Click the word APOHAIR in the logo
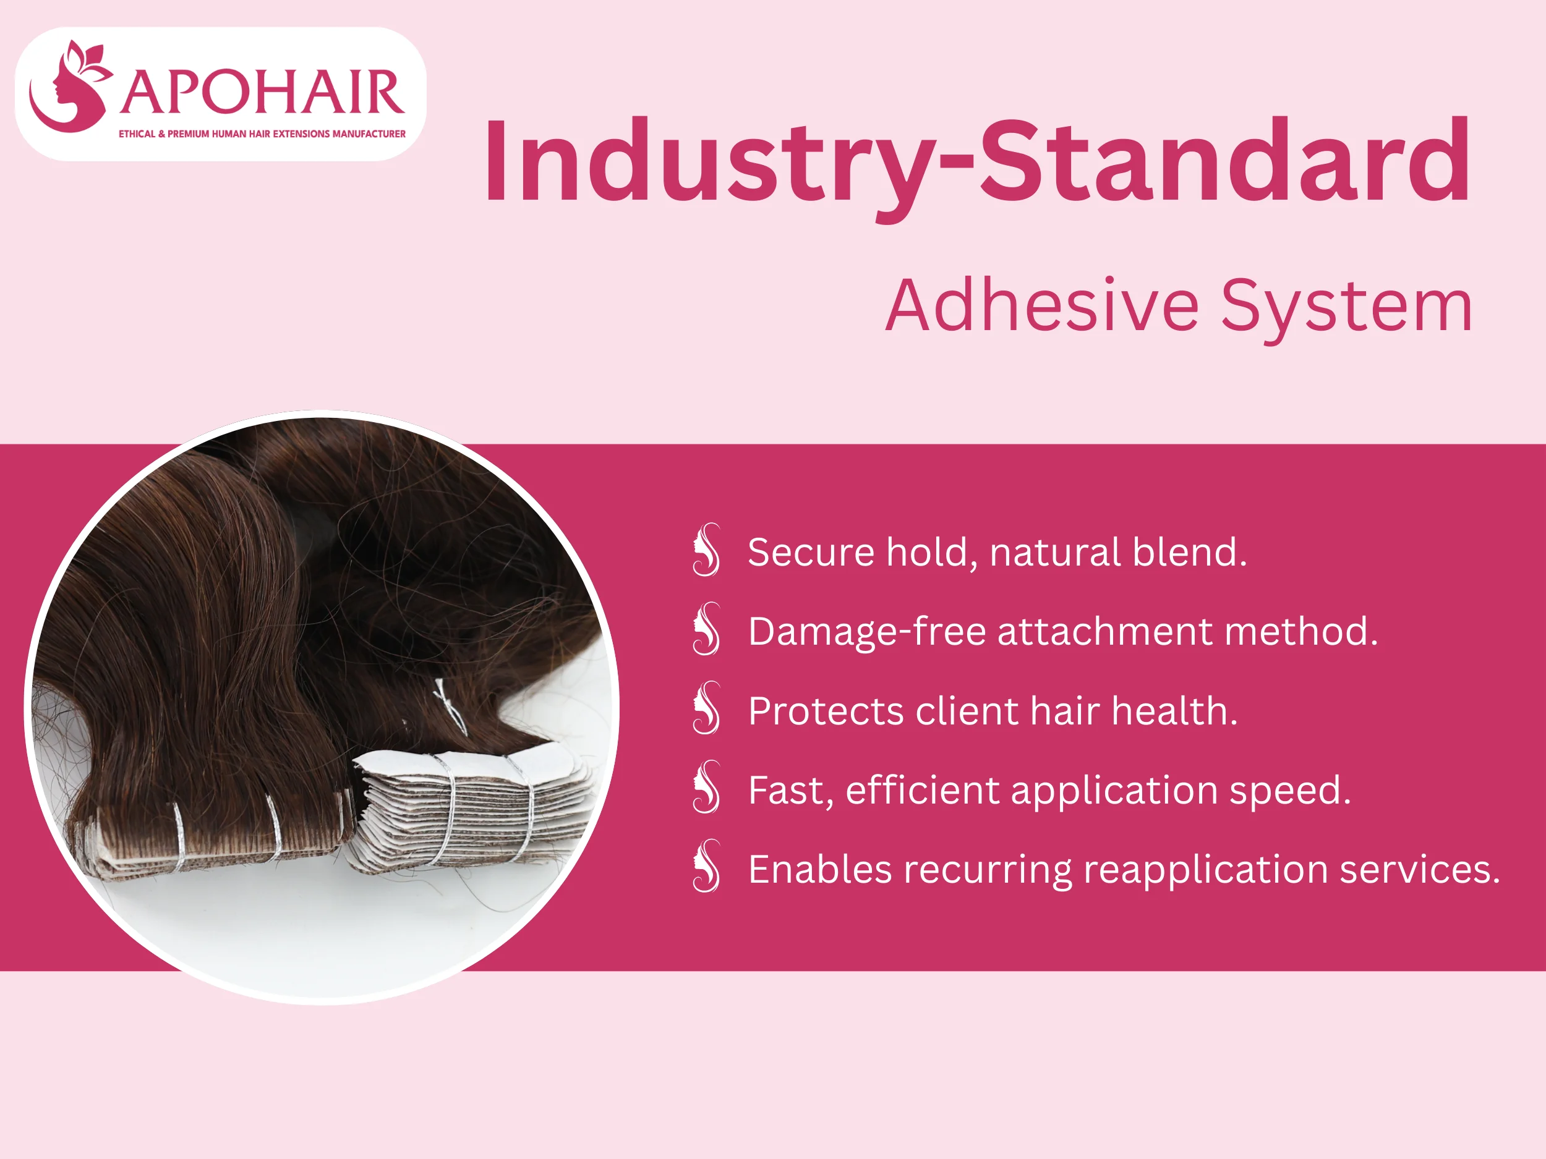(262, 92)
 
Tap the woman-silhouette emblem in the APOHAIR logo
(69, 87)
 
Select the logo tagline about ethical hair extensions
(262, 134)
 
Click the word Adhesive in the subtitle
(1042, 306)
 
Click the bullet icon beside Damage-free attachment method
(707, 629)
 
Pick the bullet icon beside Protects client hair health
(707, 708)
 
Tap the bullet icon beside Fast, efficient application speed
(707, 788)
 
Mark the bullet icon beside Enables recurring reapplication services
(707, 866)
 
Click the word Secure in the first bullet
(811, 553)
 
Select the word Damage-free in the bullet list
(866, 632)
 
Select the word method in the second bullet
(1300, 632)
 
